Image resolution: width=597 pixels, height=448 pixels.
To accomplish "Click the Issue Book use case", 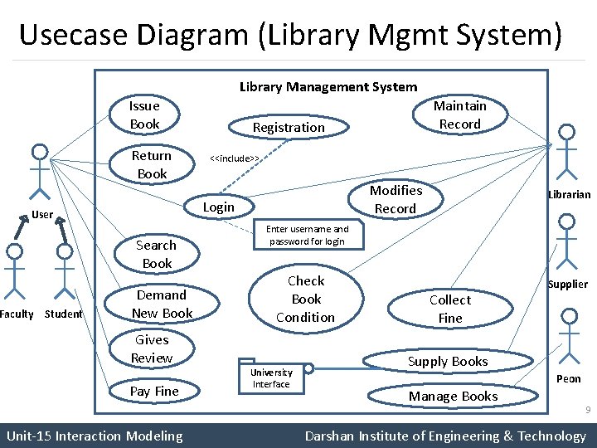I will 144,115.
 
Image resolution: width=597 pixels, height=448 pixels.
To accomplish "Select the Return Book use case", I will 152,164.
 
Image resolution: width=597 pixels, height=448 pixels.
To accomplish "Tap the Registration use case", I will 289,127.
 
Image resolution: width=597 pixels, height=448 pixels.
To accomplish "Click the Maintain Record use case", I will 460,115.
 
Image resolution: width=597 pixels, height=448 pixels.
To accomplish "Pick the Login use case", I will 219,207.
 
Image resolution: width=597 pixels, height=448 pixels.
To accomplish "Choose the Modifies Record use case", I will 396,199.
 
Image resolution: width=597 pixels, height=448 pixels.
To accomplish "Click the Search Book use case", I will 157,254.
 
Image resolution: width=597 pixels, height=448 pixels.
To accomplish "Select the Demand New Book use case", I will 162,304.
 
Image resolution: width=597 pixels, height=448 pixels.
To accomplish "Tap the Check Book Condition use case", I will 306,299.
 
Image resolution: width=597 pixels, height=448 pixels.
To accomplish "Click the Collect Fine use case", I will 450,309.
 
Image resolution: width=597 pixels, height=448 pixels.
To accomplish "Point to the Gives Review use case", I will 152,348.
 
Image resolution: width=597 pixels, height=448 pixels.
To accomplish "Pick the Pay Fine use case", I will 154,391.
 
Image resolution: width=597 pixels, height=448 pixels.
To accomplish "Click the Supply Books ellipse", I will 448,362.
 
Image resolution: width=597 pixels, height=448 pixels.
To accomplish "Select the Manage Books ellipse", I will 453,397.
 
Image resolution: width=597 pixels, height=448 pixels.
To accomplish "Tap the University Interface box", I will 272,378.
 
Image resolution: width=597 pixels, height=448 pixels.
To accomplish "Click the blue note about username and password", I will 308,235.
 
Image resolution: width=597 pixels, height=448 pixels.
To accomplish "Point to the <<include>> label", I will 235,158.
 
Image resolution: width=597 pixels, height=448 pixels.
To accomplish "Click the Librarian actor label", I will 569,195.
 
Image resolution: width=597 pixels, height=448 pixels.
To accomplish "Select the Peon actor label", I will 569,379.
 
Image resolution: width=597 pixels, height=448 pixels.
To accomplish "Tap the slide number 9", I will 587,411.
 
